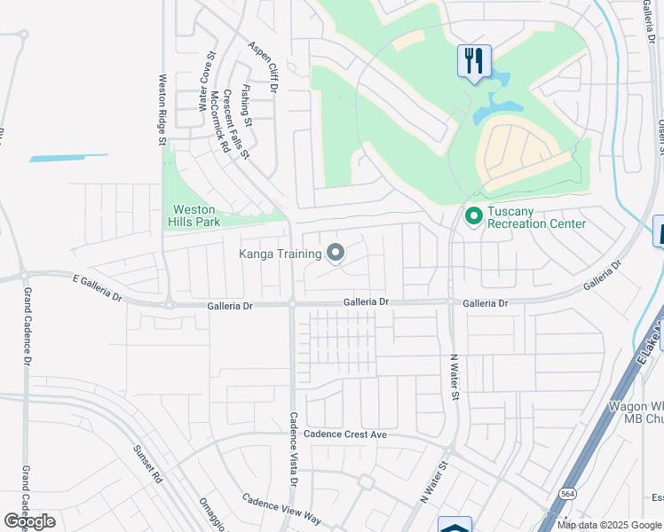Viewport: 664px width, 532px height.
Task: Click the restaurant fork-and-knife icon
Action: [x=474, y=61]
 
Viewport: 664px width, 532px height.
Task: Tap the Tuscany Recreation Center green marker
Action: [x=473, y=215]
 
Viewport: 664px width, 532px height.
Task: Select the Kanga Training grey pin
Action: [x=336, y=254]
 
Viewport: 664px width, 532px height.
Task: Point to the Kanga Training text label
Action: [x=280, y=254]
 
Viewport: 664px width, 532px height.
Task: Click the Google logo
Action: [x=29, y=521]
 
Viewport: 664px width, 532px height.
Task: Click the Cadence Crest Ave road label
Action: [x=345, y=434]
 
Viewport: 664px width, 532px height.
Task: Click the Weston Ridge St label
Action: [x=162, y=109]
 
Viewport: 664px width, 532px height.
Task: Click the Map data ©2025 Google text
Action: [x=610, y=525]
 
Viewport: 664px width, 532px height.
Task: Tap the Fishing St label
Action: [x=245, y=105]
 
